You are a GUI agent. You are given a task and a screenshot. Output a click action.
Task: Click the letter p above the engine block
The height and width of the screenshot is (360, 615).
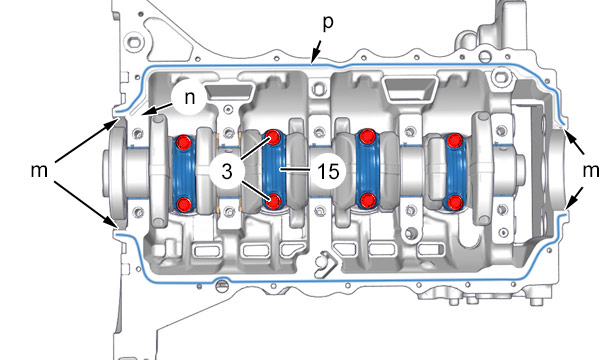[x=328, y=24]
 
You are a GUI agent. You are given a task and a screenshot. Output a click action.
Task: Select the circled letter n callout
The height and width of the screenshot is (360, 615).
[x=190, y=97]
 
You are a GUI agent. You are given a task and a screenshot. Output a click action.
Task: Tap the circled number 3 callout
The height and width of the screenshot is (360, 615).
[x=227, y=171]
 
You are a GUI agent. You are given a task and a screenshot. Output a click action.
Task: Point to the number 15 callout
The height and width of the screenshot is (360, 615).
[x=328, y=171]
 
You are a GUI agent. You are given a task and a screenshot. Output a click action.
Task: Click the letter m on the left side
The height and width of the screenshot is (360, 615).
[x=39, y=171]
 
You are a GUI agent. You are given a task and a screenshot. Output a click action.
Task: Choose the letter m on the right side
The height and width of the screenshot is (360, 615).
[x=591, y=171]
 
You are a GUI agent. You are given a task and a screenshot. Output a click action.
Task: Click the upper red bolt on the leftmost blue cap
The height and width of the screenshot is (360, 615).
[x=184, y=142]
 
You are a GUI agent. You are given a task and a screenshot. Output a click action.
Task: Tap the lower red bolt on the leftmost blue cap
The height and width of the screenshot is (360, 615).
[x=184, y=204]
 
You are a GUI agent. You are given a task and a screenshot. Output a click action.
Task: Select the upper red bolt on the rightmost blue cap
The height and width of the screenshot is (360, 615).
[x=455, y=140]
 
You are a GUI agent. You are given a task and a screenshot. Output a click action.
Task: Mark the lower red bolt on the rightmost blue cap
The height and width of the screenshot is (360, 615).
[x=455, y=202]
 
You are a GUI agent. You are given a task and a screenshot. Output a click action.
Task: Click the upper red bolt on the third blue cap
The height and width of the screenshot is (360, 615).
[x=367, y=136]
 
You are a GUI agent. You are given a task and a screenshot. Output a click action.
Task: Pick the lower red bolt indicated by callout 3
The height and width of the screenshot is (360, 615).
[x=273, y=200]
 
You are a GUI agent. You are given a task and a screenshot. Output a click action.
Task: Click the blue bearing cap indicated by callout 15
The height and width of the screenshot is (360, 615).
[x=274, y=169]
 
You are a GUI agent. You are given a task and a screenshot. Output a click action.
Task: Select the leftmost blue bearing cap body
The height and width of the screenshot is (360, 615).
[x=184, y=173]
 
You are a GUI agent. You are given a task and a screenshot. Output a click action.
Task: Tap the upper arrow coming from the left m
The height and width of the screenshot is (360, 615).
[x=86, y=141]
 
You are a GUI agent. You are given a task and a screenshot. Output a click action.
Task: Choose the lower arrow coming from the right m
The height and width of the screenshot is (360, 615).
[x=574, y=196]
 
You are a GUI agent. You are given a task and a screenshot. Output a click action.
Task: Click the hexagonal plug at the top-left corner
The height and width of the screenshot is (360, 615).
[x=133, y=40]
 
